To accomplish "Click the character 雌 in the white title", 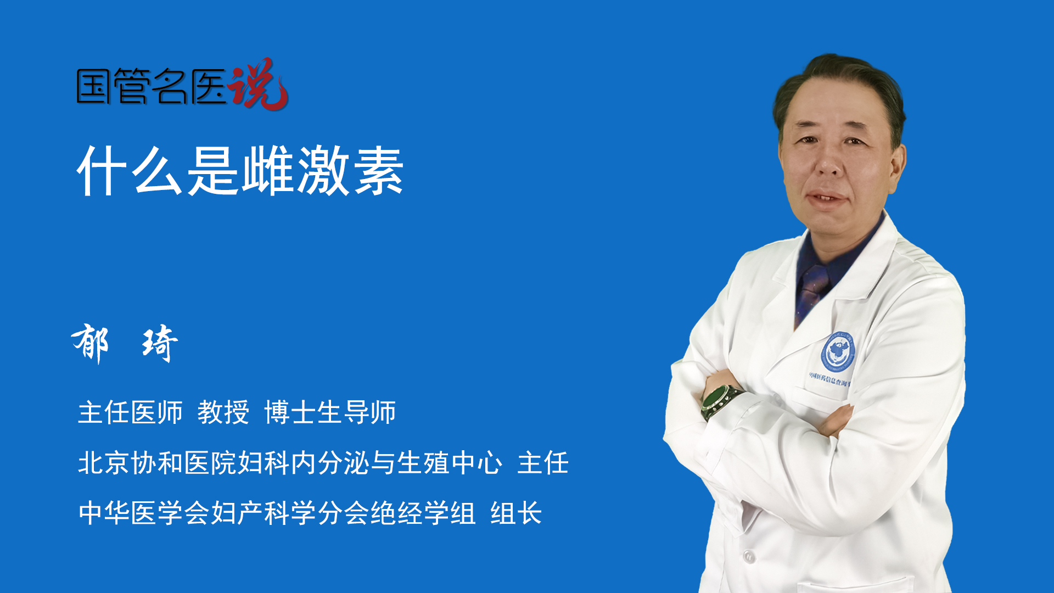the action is coord(268,171).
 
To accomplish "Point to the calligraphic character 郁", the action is coord(91,343).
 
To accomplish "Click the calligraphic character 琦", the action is coord(160,344).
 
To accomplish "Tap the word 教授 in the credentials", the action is coord(223,412).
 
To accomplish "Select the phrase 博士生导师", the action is coord(330,412).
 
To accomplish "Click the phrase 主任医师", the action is coord(130,412).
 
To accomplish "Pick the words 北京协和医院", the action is coord(157,463).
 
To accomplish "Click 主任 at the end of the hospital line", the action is coord(543,463).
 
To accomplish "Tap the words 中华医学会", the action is coord(144,513).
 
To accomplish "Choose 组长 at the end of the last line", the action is coord(516,513).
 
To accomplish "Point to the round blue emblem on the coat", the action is coord(838,352).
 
